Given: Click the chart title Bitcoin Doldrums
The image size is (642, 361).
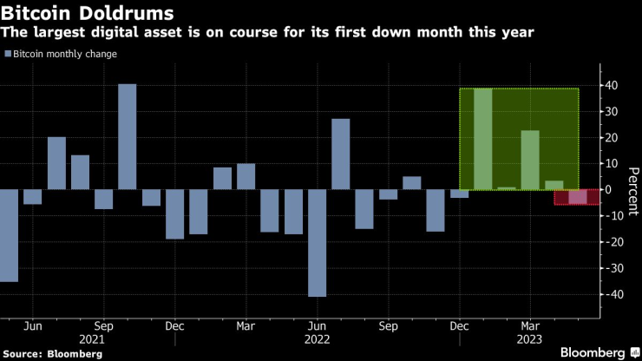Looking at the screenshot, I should click(x=88, y=14).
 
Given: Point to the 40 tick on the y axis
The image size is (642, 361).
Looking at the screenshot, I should click(x=612, y=86).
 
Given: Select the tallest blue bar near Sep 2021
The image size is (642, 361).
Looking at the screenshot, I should click(x=128, y=136).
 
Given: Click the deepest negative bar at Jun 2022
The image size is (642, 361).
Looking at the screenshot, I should click(x=317, y=243).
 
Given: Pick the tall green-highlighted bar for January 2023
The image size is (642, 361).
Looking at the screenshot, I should click(x=483, y=139).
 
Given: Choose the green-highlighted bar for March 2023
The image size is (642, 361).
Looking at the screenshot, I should click(x=530, y=160).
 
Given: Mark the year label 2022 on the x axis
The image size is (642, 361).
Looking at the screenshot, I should click(x=316, y=341).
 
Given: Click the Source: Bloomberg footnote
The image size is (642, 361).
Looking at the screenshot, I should click(x=53, y=354).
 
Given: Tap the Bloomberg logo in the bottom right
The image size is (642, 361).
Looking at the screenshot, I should click(x=595, y=352).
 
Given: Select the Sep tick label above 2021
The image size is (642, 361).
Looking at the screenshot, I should click(x=103, y=327).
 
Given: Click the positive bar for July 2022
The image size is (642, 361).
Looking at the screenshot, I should click(x=341, y=154).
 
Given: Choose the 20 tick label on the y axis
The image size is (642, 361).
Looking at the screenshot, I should click(x=612, y=138).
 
